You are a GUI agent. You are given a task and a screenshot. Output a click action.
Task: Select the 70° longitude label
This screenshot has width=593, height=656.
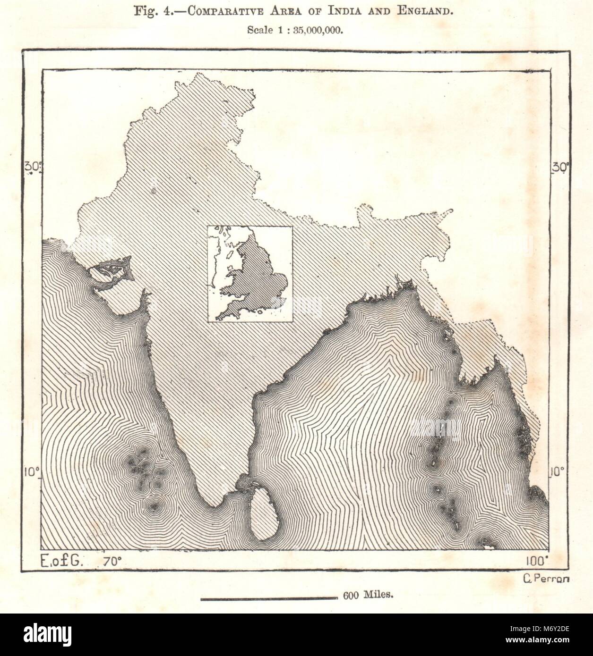tap(113, 561)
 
